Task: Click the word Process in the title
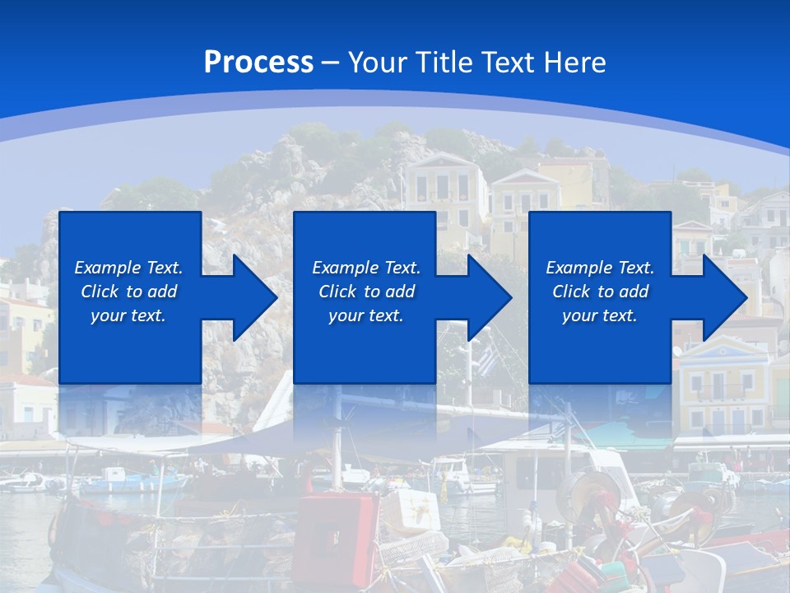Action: pyautogui.click(x=258, y=63)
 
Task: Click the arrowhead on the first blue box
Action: pyautogui.click(x=251, y=297)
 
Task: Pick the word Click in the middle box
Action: pyautogui.click(x=336, y=292)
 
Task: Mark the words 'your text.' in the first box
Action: pyautogui.click(x=128, y=315)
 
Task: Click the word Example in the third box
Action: pyautogui.click(x=579, y=268)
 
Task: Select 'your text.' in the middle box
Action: pyautogui.click(x=365, y=315)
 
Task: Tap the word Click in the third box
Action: pyautogui.click(x=571, y=292)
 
